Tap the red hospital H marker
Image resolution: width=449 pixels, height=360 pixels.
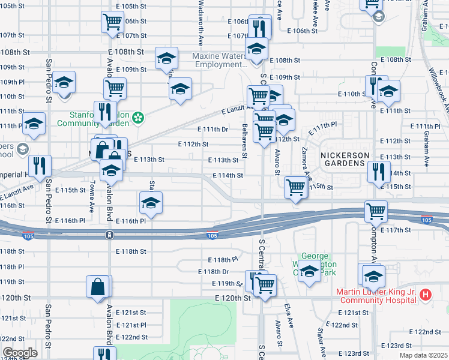tap(426, 295)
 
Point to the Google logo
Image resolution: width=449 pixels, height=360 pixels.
tap(20, 353)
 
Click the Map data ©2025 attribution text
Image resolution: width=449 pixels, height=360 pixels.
tap(424, 354)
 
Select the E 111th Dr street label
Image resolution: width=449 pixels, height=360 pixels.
tap(213, 129)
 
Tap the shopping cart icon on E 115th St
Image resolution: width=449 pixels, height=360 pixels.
tap(295, 188)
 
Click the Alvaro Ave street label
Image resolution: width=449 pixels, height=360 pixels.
tap(279, 334)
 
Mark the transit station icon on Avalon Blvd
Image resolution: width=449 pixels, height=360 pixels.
tap(109, 234)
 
